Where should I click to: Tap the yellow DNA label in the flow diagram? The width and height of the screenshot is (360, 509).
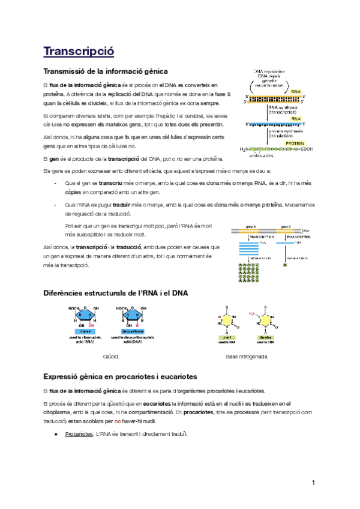(296, 92)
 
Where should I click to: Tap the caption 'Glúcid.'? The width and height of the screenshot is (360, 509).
(112, 357)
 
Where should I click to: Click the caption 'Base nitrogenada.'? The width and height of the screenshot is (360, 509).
(247, 357)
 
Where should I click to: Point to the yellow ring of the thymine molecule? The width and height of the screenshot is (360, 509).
(264, 321)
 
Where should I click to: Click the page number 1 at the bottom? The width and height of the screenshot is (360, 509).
(314, 483)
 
